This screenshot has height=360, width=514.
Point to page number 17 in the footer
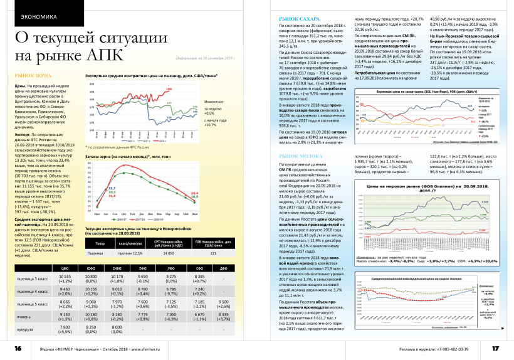tap(495, 348)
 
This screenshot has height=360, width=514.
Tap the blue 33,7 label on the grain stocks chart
tap(112, 188)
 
